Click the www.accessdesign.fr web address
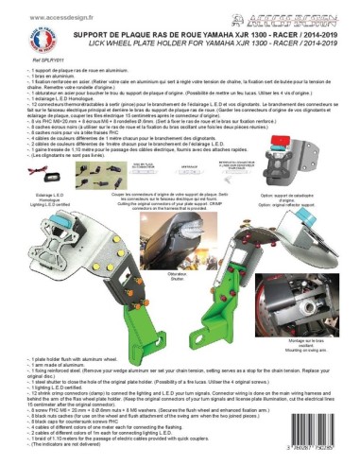(56, 17)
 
